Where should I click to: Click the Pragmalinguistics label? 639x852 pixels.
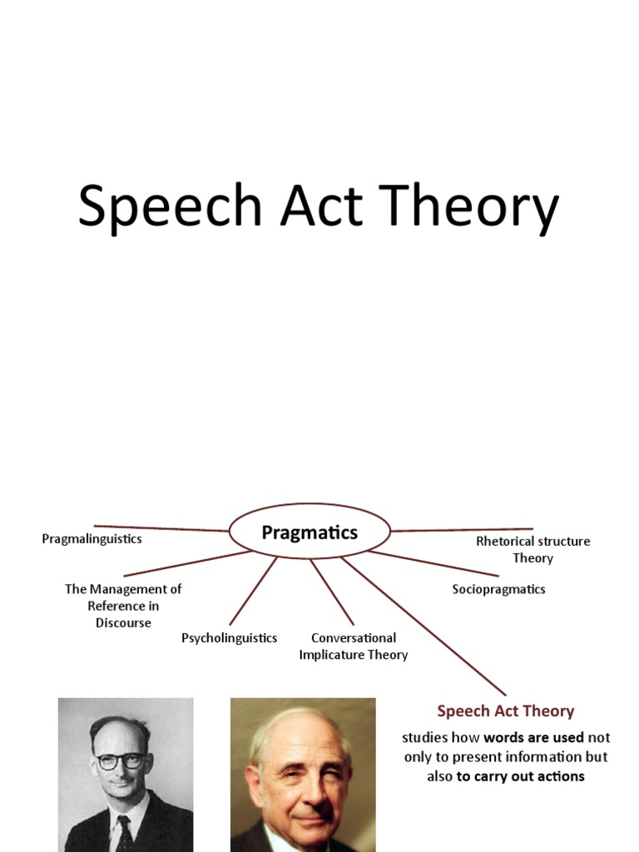pyautogui.click(x=92, y=539)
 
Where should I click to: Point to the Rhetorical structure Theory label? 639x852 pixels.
pyautogui.click(x=532, y=549)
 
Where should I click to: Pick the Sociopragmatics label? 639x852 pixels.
pyautogui.click(x=498, y=589)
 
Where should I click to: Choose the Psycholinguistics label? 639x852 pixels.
pyautogui.click(x=229, y=638)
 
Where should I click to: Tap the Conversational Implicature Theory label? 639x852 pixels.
pyautogui.click(x=354, y=646)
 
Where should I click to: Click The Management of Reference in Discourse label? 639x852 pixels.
pyautogui.click(x=123, y=605)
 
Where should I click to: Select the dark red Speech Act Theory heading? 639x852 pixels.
pyautogui.click(x=505, y=711)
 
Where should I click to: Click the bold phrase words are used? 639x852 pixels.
pyautogui.click(x=533, y=738)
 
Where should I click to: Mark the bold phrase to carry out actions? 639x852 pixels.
pyautogui.click(x=520, y=776)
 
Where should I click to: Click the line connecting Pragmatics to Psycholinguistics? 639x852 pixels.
pyautogui.click(x=253, y=591)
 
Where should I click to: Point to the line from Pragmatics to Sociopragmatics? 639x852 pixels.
pyautogui.click(x=433, y=562)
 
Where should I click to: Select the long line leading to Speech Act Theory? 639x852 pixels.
pyautogui.click(x=424, y=627)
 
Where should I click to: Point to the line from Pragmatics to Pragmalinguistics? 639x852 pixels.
pyautogui.click(x=162, y=528)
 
